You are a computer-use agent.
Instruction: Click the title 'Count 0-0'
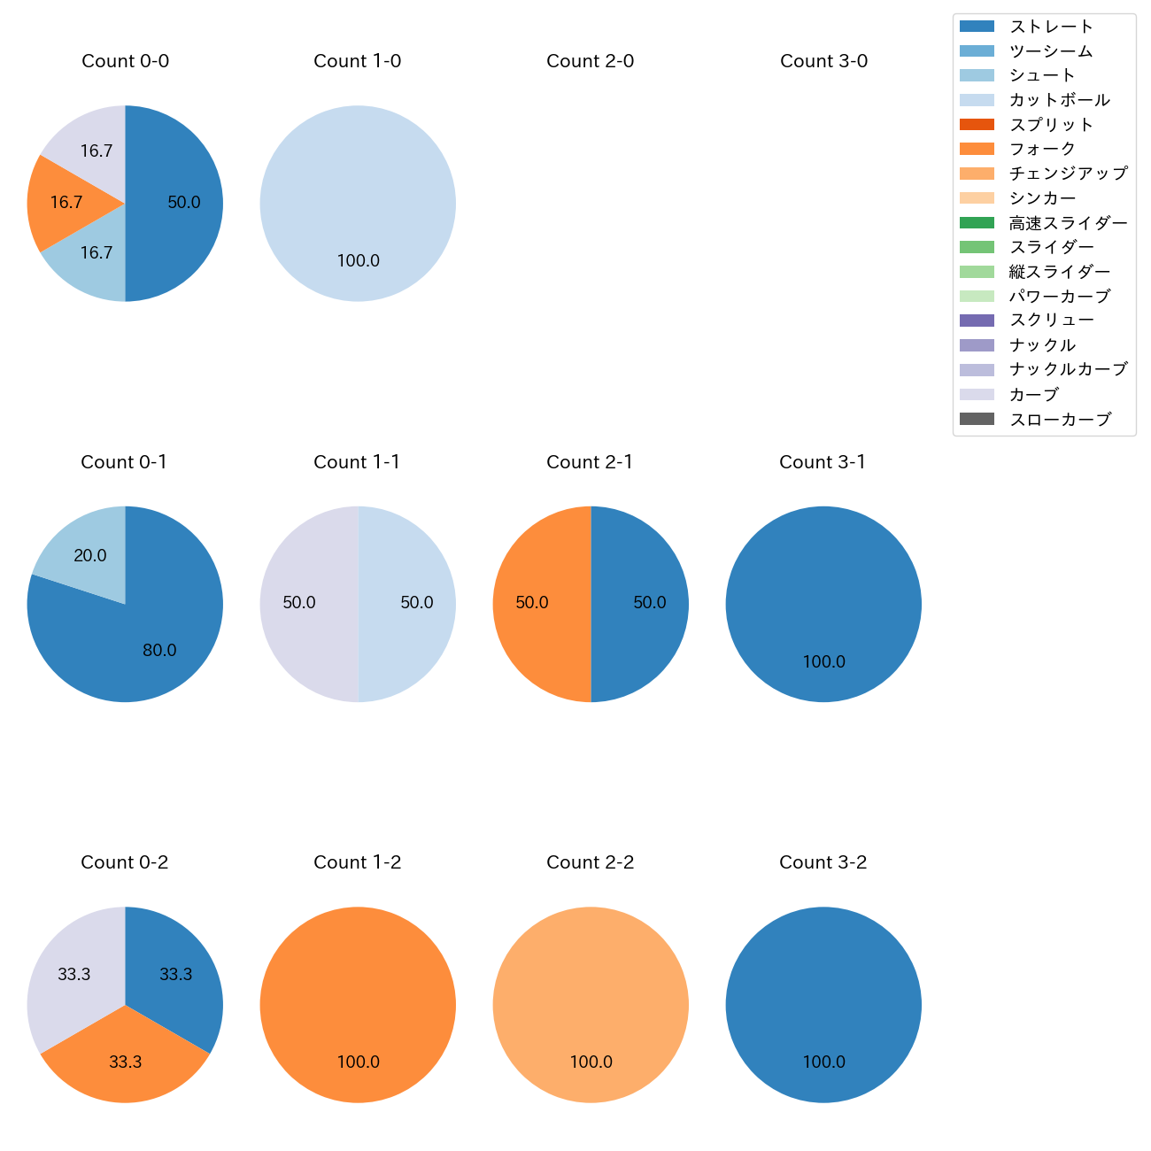pyautogui.click(x=125, y=61)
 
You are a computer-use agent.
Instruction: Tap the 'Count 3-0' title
pyautogui.click(x=823, y=61)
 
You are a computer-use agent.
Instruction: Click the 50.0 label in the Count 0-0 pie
pyautogui.click(x=184, y=203)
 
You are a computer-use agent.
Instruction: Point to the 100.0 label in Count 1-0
pyautogui.click(x=358, y=261)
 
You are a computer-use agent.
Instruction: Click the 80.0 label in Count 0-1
pyautogui.click(x=159, y=651)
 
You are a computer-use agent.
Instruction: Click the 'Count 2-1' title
pyautogui.click(x=590, y=462)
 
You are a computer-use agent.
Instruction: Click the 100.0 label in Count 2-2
pyautogui.click(x=591, y=1062)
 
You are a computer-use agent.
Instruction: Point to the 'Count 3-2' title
pyautogui.click(x=823, y=862)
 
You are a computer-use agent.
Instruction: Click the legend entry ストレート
pyautogui.click(x=1051, y=27)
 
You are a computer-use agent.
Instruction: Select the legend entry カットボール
pyautogui.click(x=1059, y=100)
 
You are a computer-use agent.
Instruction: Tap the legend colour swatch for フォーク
pyautogui.click(x=977, y=149)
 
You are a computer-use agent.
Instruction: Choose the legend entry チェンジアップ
pyautogui.click(x=1068, y=174)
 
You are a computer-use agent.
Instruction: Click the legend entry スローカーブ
pyautogui.click(x=1060, y=420)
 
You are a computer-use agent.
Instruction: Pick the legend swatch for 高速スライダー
pyautogui.click(x=977, y=223)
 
